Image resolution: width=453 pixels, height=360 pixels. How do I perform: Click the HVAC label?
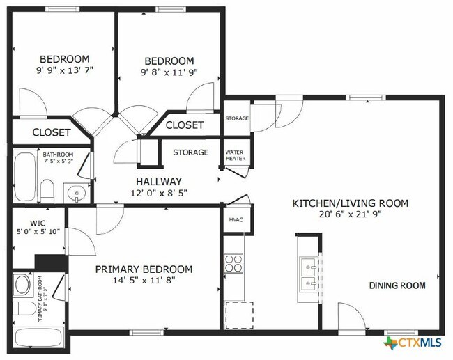(x=236, y=220)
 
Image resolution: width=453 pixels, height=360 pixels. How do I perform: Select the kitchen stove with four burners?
(x=235, y=263)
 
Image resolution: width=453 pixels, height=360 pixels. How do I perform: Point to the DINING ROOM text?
(x=397, y=285)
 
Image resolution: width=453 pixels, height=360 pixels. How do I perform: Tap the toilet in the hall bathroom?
(x=48, y=188)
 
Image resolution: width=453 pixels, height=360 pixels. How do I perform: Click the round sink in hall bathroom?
(x=75, y=192)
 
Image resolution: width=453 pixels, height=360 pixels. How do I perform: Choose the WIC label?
(x=37, y=224)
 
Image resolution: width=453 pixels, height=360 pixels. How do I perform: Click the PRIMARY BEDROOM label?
(x=144, y=269)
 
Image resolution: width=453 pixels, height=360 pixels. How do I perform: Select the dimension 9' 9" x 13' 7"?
(x=64, y=70)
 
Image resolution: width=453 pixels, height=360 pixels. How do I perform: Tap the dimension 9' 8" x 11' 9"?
(x=169, y=72)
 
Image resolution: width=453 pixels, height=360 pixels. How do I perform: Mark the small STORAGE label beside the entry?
(x=236, y=118)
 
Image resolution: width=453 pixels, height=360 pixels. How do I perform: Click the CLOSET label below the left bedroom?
(x=51, y=132)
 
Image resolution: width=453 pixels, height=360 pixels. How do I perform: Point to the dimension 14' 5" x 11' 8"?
(x=144, y=282)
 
